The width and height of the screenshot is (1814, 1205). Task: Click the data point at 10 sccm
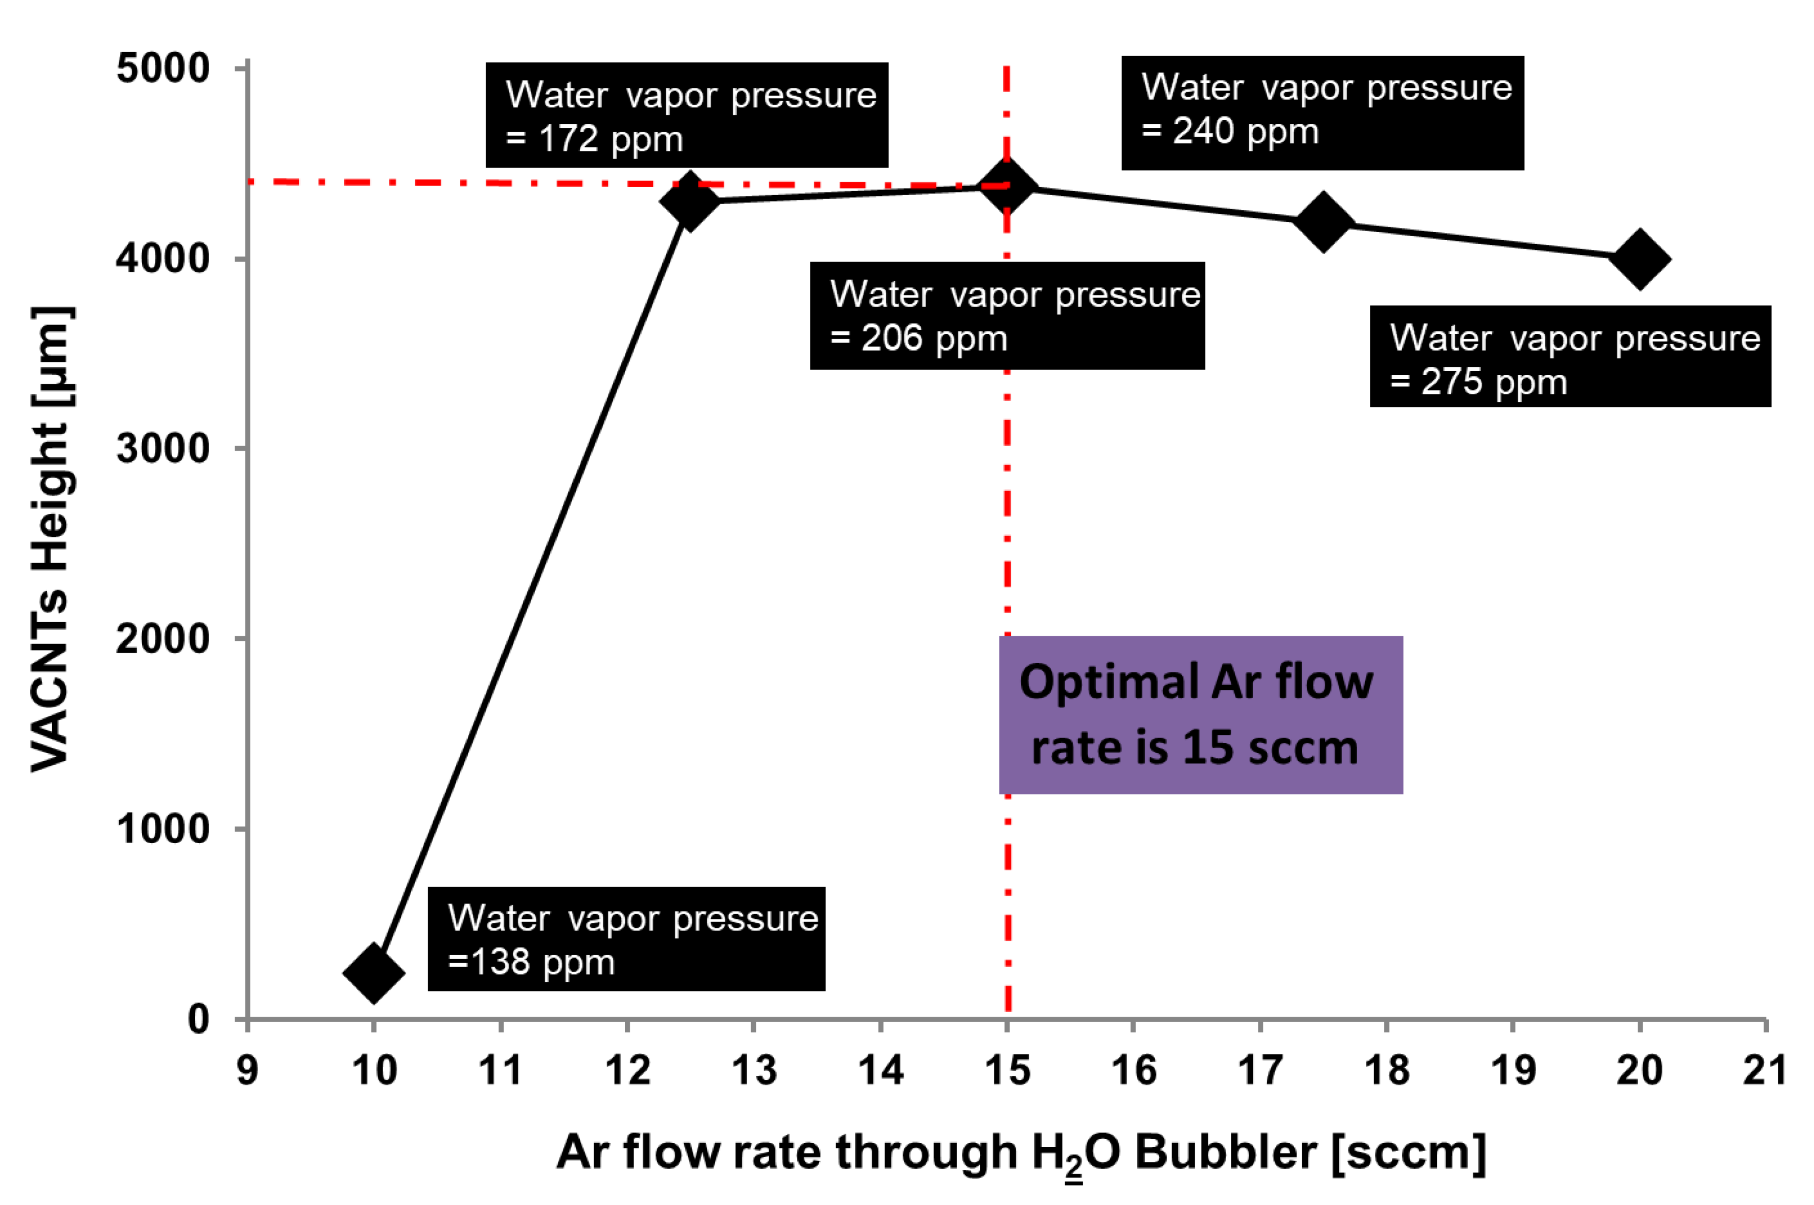coord(373,973)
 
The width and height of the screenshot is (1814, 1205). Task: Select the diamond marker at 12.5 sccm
coord(690,201)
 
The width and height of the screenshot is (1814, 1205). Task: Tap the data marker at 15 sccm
coord(1007,186)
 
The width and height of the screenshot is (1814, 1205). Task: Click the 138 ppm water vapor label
coord(626,939)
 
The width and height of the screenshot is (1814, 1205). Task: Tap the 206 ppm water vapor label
coord(1007,316)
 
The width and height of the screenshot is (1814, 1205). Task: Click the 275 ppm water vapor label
coord(1570,357)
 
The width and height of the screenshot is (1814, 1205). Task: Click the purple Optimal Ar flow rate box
coord(1201,715)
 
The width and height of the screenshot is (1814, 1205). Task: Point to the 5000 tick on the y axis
coord(163,69)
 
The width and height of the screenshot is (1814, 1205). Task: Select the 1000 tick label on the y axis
coord(163,828)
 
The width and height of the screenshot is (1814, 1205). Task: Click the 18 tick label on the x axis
coord(1386,1070)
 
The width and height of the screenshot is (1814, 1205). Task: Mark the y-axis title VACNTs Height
coord(52,538)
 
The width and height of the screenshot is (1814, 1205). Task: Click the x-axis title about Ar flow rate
coord(1021,1153)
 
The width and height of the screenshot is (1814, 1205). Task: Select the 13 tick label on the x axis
coord(753,1070)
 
